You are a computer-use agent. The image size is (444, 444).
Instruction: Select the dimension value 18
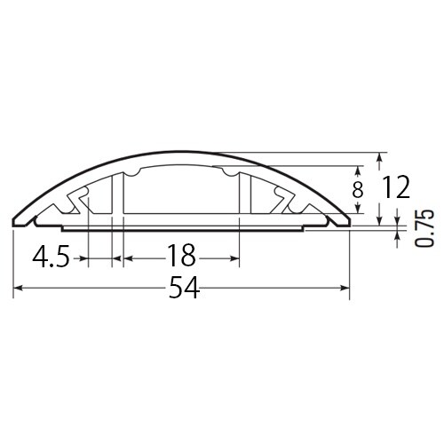pos(180,258)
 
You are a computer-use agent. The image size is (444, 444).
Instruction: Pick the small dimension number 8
pos(357,188)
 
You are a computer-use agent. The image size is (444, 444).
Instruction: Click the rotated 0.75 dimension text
pos(424,229)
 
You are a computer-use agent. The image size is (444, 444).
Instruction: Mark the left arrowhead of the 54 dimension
pos(19,289)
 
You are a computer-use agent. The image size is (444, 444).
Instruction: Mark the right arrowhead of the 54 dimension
pos(345,289)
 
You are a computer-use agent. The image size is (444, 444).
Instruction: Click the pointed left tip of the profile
pos(14,221)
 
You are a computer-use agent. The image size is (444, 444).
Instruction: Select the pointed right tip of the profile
pos(352,221)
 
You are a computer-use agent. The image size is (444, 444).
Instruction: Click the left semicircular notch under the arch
pos(132,171)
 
